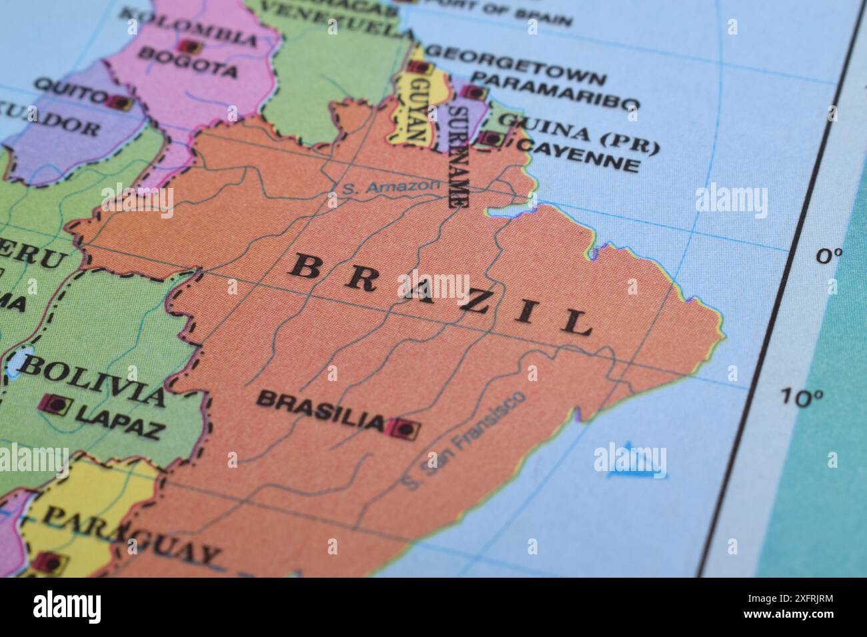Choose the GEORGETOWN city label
tap(516, 65)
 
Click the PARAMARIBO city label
tap(559, 93)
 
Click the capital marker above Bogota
tap(189, 47)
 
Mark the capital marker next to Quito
tap(121, 103)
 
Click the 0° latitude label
tap(829, 255)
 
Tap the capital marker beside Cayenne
tap(492, 139)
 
